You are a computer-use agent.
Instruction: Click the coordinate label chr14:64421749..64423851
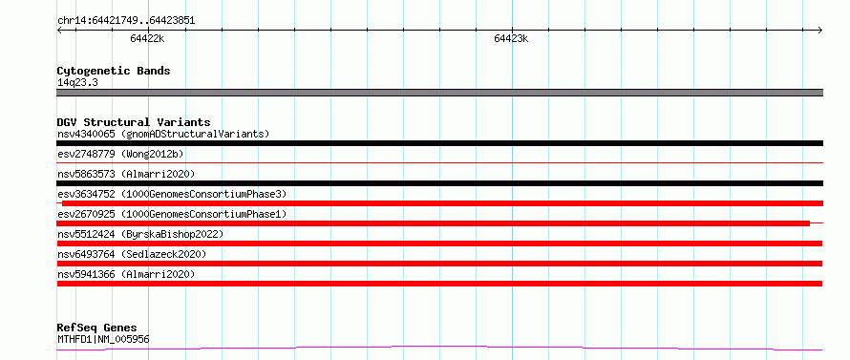(x=126, y=21)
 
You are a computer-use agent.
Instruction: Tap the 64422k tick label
(x=147, y=38)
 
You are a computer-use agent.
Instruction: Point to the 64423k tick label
(x=511, y=38)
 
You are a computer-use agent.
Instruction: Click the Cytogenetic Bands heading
(x=114, y=71)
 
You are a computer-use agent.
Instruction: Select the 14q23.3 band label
(x=77, y=83)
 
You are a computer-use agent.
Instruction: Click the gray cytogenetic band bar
(x=439, y=93)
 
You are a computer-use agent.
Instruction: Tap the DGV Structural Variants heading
(x=134, y=122)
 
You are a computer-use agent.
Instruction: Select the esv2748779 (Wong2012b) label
(x=120, y=154)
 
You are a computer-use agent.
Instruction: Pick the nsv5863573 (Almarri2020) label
(x=126, y=174)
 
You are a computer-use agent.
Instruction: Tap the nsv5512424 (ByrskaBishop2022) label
(x=140, y=234)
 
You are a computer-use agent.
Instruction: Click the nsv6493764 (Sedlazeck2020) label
(x=132, y=254)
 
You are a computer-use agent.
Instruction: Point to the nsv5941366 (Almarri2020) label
(x=126, y=274)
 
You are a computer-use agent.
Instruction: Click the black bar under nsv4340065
(x=439, y=143)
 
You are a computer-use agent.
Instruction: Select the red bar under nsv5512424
(x=439, y=244)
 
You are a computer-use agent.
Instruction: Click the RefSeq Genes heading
(x=96, y=328)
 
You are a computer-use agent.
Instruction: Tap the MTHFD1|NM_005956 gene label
(x=103, y=340)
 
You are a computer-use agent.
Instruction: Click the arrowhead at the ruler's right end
(x=820, y=31)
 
